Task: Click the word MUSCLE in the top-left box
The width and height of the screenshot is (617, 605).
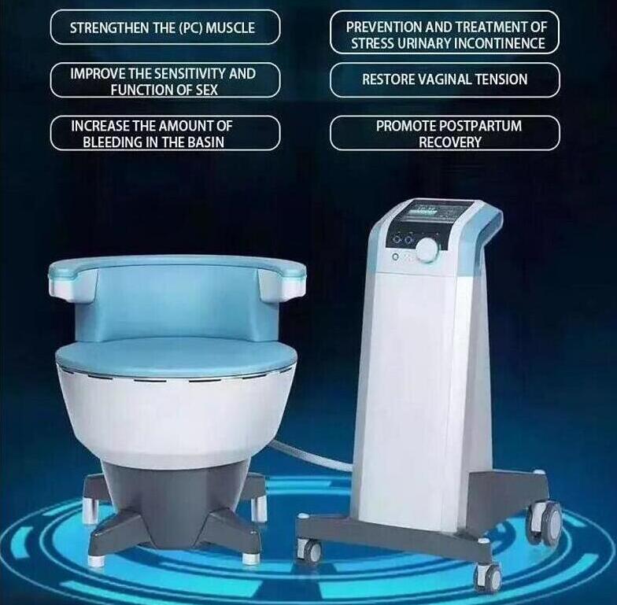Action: [x=231, y=28]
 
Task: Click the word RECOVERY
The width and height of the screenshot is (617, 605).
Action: [x=450, y=142]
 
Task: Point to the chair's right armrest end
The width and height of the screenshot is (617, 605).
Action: [x=283, y=280]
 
